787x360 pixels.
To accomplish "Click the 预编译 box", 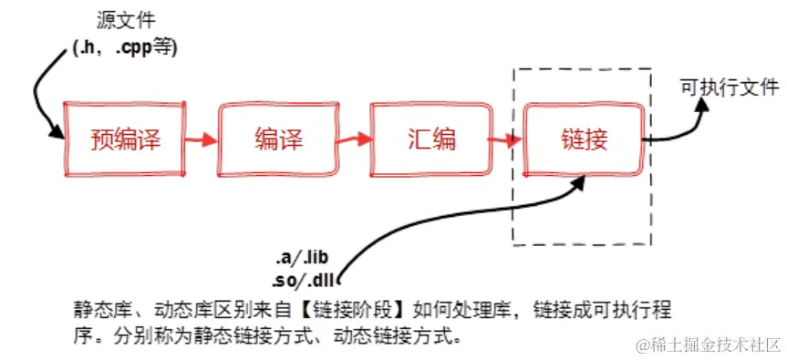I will click(x=125, y=139).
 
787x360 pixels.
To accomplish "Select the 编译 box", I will click(x=278, y=139).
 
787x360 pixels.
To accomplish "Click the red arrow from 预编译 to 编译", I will click(x=202, y=140).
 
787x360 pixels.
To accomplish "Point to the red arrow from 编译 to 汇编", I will click(x=355, y=139).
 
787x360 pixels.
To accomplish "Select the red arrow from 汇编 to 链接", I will click(x=505, y=140).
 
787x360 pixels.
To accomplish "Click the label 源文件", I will click(x=123, y=19).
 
